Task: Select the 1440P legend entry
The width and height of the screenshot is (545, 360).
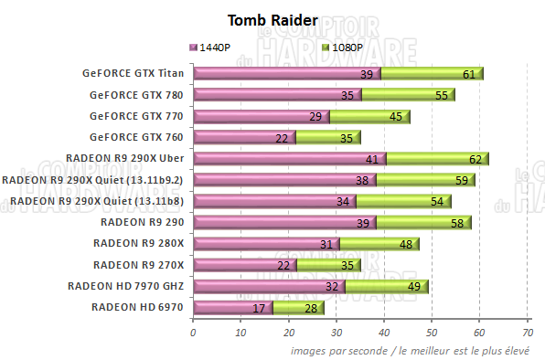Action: click(216, 47)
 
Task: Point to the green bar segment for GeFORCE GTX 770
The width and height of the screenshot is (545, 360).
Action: click(369, 116)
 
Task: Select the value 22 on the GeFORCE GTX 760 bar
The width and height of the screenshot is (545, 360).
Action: click(282, 138)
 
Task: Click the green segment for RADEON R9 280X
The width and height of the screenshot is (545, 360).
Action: click(379, 243)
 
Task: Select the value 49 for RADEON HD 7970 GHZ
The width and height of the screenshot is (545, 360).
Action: click(413, 286)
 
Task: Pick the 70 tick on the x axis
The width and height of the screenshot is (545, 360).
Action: click(528, 333)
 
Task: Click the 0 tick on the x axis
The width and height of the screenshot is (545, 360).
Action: click(193, 333)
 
